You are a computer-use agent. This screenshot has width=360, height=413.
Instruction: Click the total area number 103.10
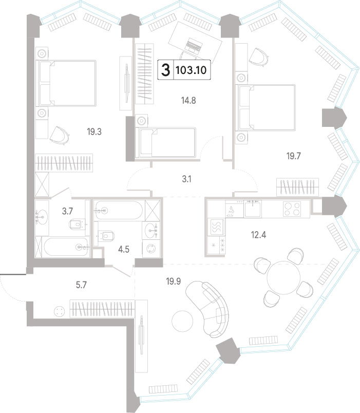(x=191, y=70)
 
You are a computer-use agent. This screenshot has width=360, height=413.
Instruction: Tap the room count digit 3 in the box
(x=166, y=70)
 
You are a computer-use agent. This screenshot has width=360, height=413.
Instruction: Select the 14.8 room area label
(x=188, y=100)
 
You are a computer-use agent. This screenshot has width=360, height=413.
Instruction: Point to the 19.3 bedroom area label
(x=94, y=132)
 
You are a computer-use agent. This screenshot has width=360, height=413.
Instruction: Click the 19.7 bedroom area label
(x=293, y=156)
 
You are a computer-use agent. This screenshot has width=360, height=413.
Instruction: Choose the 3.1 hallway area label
(x=186, y=179)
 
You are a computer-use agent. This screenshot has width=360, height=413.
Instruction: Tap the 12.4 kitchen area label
(x=258, y=234)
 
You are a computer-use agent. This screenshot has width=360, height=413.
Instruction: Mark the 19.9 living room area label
(x=173, y=281)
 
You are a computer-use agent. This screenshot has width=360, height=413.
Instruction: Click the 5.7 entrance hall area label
(x=81, y=285)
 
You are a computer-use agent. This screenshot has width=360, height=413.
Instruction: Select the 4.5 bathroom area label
(x=124, y=249)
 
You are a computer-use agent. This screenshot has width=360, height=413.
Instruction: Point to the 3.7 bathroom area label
(x=67, y=211)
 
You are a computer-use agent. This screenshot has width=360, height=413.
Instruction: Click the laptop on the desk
(x=194, y=45)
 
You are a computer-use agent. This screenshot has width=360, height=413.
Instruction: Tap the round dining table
(x=283, y=277)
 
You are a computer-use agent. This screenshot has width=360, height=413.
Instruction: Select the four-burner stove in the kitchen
(x=292, y=209)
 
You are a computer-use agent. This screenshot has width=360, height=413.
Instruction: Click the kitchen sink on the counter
(x=253, y=209)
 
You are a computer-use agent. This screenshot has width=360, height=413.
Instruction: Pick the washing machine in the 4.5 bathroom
(x=151, y=249)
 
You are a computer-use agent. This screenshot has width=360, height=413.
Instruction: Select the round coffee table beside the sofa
(x=182, y=322)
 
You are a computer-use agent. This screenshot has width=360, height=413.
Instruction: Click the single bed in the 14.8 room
(x=165, y=143)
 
